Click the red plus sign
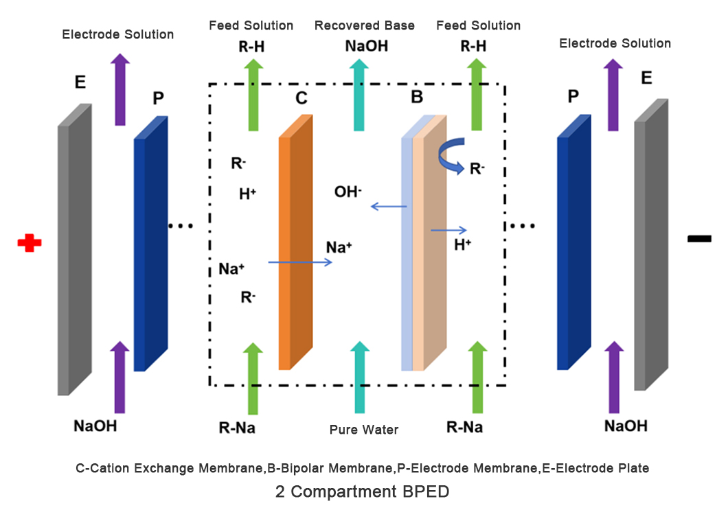tap(30, 242)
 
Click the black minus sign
tap(699, 239)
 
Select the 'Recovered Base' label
tap(364, 26)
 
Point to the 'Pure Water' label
tap(364, 430)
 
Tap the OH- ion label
tap(348, 192)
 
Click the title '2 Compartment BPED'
tap(363, 491)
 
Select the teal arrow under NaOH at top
tap(359, 95)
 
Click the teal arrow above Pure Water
tap(359, 378)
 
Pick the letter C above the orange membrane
tap(302, 98)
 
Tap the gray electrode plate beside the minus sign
tap(650, 246)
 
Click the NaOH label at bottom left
tap(95, 426)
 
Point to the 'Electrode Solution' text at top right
tap(615, 43)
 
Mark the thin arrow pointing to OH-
tap(389, 206)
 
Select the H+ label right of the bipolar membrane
tap(463, 244)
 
